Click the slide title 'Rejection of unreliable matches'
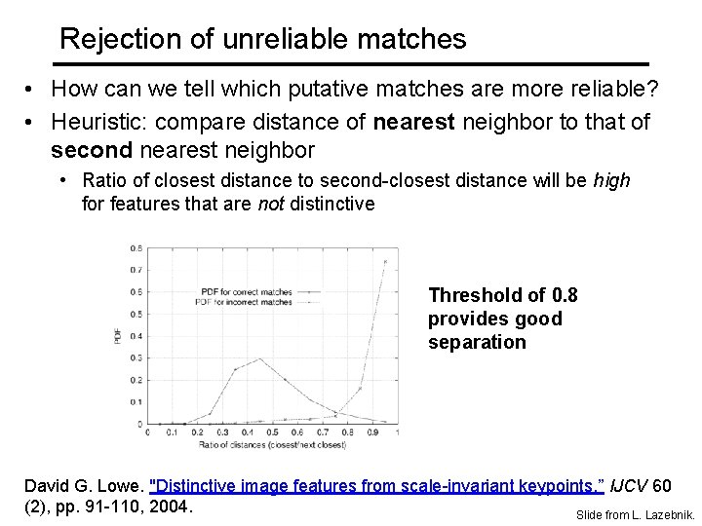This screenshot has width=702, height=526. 262,39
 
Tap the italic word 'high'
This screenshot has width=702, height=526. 611,180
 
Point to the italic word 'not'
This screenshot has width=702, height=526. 270,204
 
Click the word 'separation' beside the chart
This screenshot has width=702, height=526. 477,342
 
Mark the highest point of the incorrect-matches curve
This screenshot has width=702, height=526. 385,261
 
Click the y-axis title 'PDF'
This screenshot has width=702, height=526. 119,336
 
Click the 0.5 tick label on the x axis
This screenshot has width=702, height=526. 272,432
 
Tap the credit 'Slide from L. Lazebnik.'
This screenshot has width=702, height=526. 635,514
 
